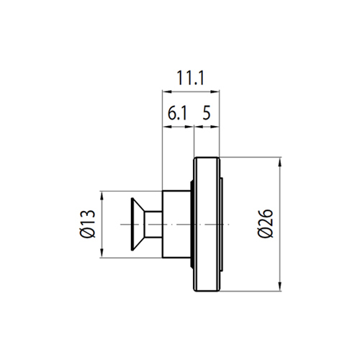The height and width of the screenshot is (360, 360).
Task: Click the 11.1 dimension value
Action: tap(190, 78)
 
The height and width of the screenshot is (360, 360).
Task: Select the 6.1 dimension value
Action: tap(177, 113)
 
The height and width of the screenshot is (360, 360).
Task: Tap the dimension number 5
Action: tap(207, 113)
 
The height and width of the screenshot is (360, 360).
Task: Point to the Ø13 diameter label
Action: tap(88, 224)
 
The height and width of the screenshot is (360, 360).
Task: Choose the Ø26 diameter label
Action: tap(265, 224)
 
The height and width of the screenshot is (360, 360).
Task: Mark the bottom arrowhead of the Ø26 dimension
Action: tap(279, 287)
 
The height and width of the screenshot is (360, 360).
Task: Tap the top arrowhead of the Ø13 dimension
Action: tap(102, 196)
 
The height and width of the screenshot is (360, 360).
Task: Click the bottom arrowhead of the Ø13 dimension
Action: tap(102, 253)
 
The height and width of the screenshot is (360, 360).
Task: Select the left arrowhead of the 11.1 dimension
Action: tap(167, 91)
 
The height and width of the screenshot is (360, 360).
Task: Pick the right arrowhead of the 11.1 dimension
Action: tap(215, 91)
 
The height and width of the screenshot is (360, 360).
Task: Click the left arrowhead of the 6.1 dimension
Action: tap(167, 127)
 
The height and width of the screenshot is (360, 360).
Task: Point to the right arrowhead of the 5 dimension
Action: tap(215, 127)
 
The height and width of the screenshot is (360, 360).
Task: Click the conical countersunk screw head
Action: tap(138, 224)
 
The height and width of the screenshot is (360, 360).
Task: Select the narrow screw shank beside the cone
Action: tap(153, 225)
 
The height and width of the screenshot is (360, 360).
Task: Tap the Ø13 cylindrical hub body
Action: tap(176, 225)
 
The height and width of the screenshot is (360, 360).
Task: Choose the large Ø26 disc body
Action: tap(207, 225)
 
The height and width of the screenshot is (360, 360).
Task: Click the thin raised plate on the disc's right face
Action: tap(221, 225)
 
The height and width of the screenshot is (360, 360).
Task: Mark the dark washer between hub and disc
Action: tap(192, 225)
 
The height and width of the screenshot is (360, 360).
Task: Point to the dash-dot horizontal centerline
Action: tap(174, 225)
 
